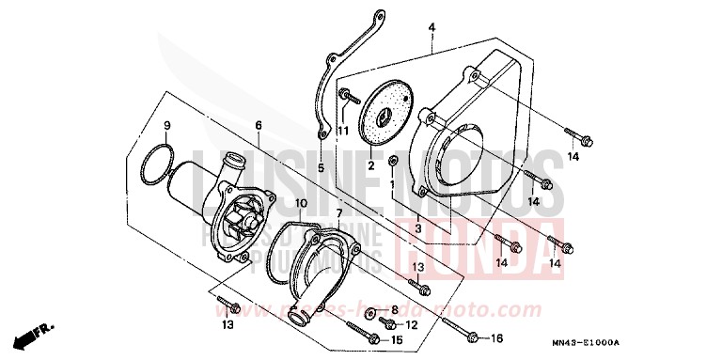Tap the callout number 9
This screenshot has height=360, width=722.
point(167,126)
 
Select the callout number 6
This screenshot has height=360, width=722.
point(259,126)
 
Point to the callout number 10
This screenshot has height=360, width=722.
point(300,203)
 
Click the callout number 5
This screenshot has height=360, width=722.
point(321,168)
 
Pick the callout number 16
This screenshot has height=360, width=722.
point(497,337)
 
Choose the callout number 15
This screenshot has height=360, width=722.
point(398,339)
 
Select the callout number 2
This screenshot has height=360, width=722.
point(370,166)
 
